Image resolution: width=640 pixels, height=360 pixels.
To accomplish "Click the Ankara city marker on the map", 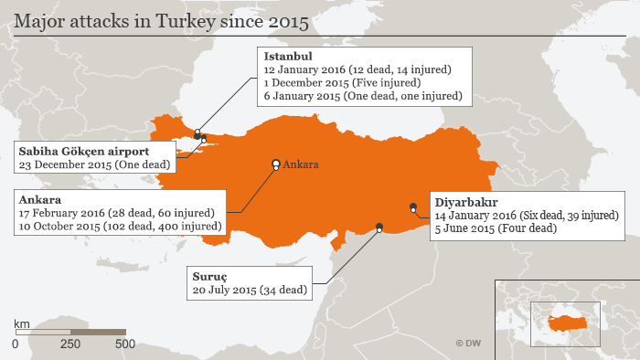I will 275,164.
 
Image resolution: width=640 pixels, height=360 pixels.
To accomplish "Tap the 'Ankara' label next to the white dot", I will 301,164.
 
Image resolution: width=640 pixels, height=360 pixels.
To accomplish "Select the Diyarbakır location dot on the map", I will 413,206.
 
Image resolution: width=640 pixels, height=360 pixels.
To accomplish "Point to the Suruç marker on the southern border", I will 379,227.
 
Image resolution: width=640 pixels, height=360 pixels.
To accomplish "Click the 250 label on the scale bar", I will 69,344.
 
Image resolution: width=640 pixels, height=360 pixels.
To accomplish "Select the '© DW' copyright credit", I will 467,344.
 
